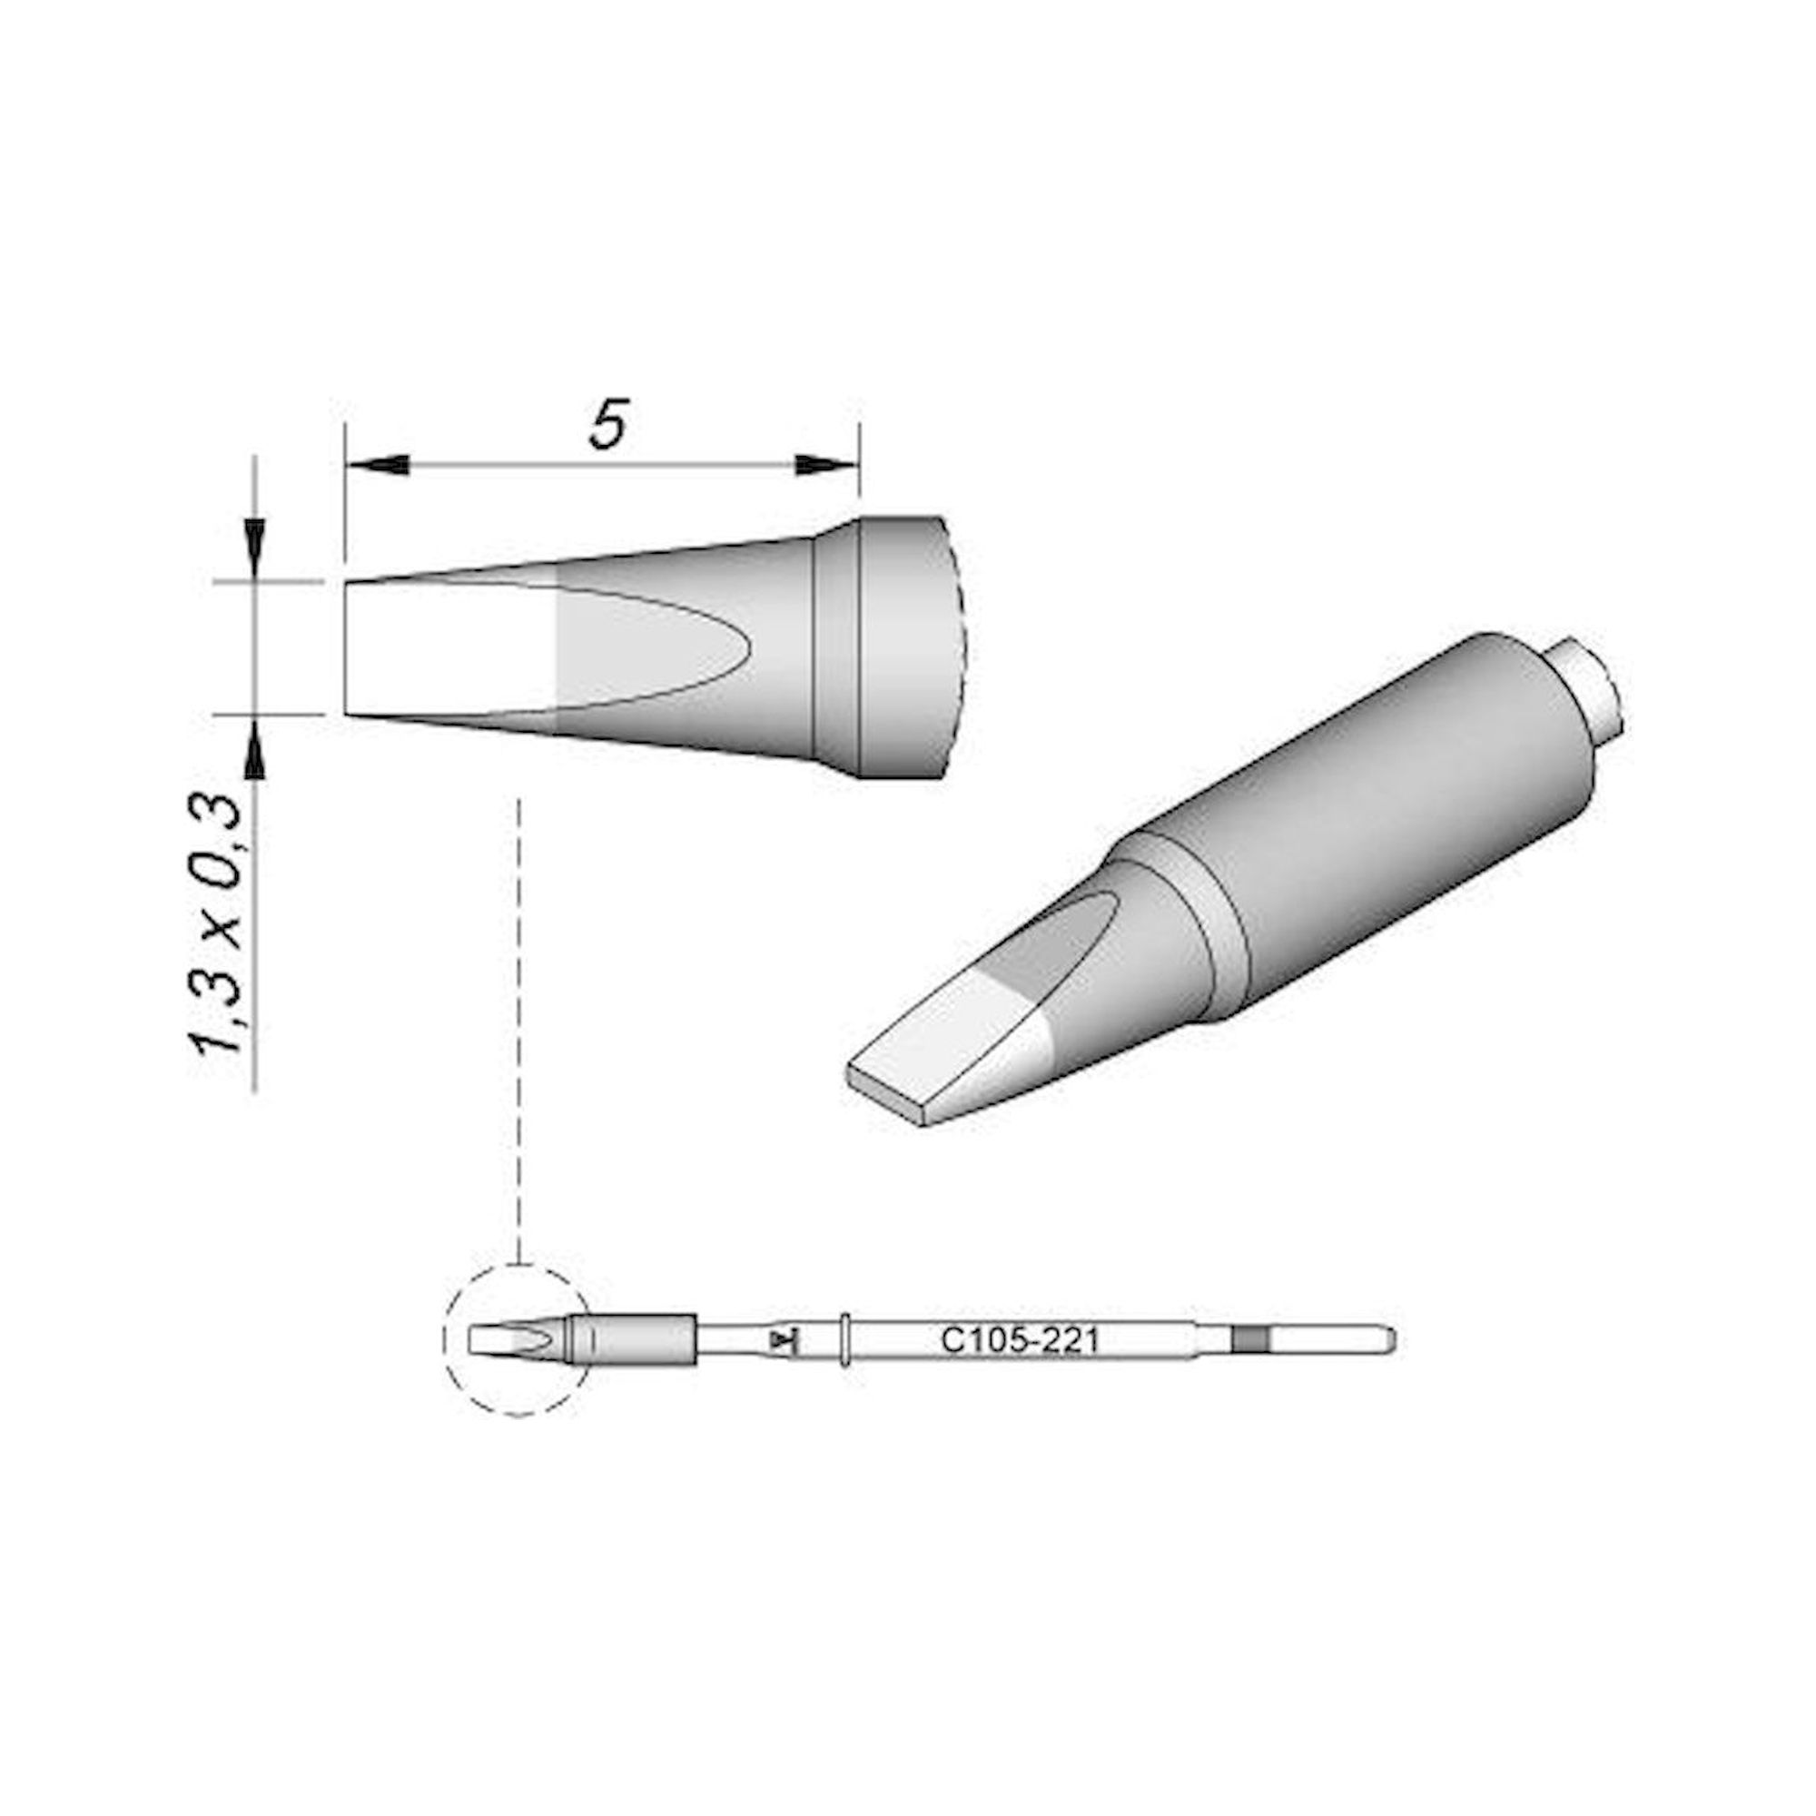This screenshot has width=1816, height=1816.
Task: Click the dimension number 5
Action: click(x=608, y=425)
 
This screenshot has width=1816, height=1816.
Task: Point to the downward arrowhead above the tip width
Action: click(x=255, y=542)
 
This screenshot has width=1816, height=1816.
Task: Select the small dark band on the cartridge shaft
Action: click(x=1250, y=1339)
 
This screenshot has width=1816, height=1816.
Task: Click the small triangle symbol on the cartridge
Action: click(x=779, y=1339)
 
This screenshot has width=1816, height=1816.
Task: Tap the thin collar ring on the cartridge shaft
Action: click(x=846, y=1339)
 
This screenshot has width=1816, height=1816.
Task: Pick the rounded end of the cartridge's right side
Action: click(x=1389, y=1339)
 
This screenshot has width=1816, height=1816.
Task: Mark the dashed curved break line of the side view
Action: click(x=962, y=648)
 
